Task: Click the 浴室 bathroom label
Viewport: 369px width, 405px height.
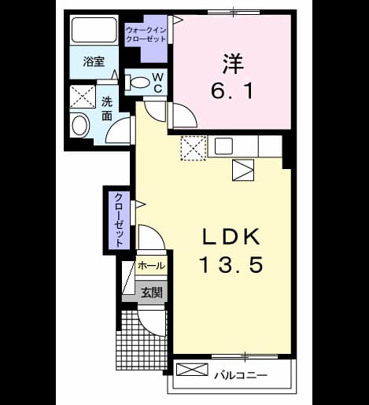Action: [x=94, y=61]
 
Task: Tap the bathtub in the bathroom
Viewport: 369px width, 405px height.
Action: [x=94, y=30]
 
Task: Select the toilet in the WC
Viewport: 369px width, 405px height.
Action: [x=136, y=82]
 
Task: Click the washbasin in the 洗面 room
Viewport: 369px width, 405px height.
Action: [x=81, y=125]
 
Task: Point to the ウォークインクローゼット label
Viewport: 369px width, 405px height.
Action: [x=146, y=35]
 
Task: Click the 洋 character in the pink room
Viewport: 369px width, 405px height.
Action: [x=233, y=64]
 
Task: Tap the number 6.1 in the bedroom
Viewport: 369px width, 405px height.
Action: [x=232, y=90]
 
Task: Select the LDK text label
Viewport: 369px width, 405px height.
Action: [x=231, y=237]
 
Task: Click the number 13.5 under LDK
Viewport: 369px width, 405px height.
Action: [x=232, y=264]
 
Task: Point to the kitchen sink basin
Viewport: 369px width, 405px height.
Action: [x=223, y=146]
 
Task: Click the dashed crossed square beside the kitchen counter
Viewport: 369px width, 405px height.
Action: [x=194, y=148]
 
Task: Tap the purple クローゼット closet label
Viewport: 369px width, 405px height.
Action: [x=119, y=219]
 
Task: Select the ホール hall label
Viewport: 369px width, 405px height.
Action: [x=151, y=266]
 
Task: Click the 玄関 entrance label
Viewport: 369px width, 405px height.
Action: [x=151, y=293]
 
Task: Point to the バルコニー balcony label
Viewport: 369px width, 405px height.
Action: [x=241, y=375]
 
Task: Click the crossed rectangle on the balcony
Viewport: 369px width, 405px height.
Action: [x=192, y=370]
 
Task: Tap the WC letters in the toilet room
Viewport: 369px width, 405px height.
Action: [x=158, y=83]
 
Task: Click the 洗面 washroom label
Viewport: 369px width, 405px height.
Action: [x=107, y=109]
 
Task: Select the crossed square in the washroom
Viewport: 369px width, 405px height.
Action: [x=83, y=96]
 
